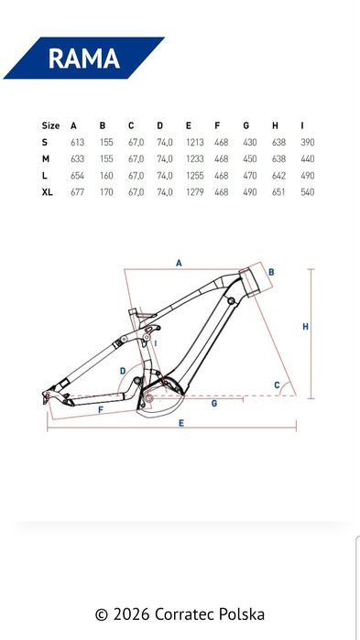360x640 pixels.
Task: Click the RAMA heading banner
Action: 83,59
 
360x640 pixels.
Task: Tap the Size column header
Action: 50,125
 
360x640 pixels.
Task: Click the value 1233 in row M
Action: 194,158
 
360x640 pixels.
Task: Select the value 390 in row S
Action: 308,142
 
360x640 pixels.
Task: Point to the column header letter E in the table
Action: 189,125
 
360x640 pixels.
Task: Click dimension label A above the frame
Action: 180,262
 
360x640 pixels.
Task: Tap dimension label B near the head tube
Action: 272,272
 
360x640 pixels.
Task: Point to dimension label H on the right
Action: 305,326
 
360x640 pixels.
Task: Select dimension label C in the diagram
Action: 278,385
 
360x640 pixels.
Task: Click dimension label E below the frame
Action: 181,423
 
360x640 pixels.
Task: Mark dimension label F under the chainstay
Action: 100,409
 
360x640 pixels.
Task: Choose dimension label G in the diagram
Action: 213,403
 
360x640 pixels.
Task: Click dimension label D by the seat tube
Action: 122,370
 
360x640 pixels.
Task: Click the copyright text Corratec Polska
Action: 180,613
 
